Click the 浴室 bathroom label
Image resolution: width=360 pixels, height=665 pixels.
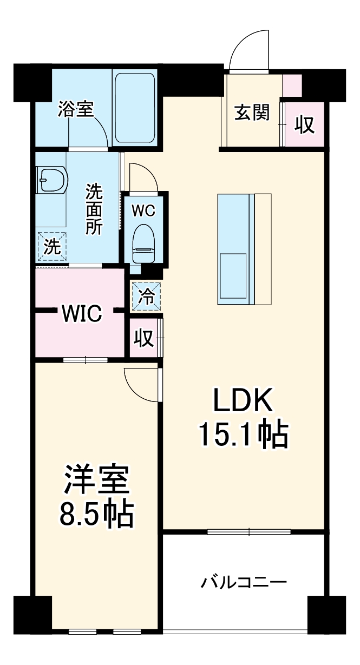coord(76,109)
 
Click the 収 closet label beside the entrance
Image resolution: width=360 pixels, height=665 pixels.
coord(305,124)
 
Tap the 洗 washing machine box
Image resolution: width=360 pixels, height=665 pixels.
coord(52,247)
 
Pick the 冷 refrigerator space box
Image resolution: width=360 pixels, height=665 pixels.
coord(146,297)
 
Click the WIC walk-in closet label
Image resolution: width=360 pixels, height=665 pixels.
coord(81,313)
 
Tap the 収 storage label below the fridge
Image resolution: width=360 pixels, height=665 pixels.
coord(142,339)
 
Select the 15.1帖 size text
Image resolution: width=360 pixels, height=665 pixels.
coord(243,434)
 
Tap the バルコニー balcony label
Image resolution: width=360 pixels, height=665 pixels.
coord(244,583)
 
